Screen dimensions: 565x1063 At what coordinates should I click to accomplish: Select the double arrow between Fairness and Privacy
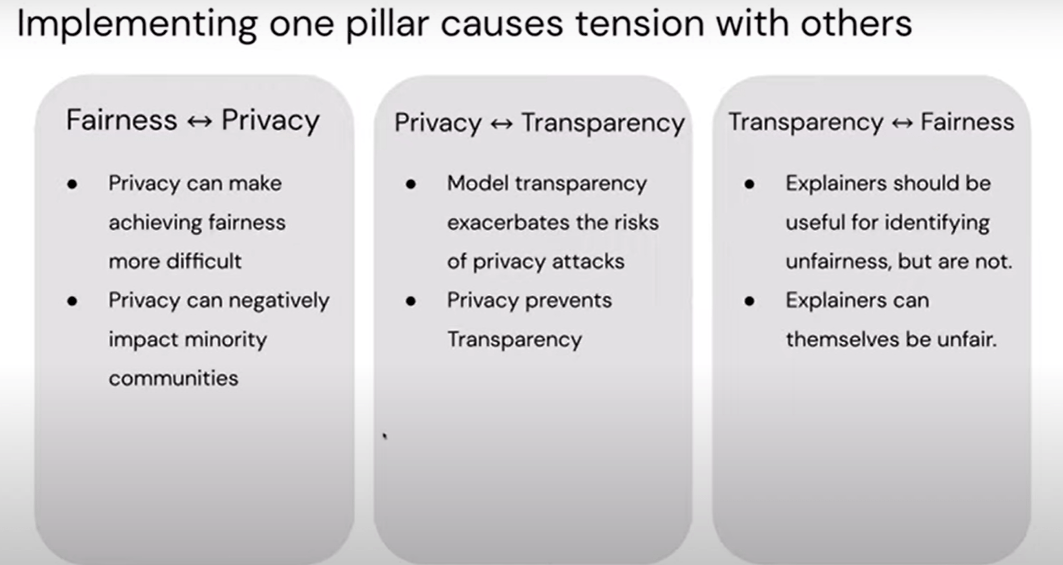click(199, 121)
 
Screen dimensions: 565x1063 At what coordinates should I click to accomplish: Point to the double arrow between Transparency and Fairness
click(902, 123)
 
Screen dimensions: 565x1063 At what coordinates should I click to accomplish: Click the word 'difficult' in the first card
click(204, 261)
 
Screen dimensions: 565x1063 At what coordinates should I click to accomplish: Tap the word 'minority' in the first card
click(226, 340)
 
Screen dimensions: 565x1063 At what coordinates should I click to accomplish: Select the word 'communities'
click(173, 378)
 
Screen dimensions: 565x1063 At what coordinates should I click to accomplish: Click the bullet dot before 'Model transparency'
click(411, 184)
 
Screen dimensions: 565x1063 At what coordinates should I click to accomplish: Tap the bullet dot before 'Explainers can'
click(750, 301)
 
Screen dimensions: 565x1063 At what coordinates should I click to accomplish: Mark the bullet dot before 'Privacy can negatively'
click(72, 301)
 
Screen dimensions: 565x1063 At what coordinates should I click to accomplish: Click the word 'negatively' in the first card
click(279, 301)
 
